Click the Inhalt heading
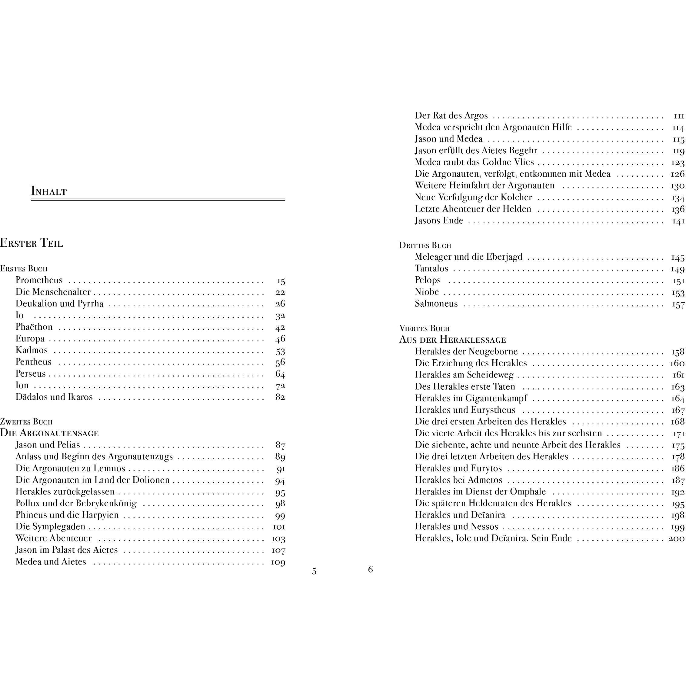click(x=49, y=191)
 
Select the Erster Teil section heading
click(x=32, y=243)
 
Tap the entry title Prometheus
click(x=39, y=280)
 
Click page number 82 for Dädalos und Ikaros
click(x=280, y=397)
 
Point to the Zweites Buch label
click(x=26, y=422)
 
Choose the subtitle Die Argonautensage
click(x=49, y=433)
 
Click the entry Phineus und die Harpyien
click(x=67, y=515)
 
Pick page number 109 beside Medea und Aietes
click(x=278, y=562)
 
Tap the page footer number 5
click(x=314, y=571)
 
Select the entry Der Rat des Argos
click(x=451, y=116)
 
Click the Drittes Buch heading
click(x=425, y=245)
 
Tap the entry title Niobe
click(x=427, y=292)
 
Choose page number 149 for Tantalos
click(x=678, y=269)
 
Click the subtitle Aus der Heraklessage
click(x=452, y=340)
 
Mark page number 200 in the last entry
click(x=676, y=538)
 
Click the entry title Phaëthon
click(x=34, y=327)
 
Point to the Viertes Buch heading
click(x=424, y=328)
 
